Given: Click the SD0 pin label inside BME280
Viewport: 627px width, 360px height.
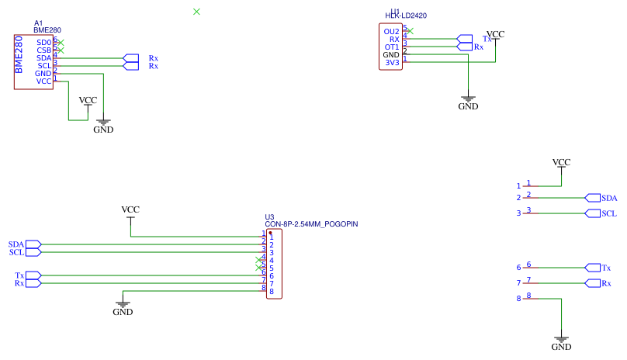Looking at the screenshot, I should point(43,42).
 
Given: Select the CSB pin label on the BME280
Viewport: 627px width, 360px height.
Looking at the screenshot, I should point(43,50).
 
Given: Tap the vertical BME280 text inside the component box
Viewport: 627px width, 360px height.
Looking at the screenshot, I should point(19,54).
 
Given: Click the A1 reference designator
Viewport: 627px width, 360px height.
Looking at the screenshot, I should point(39,23).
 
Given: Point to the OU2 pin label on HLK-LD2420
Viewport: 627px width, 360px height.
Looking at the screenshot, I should point(391,32).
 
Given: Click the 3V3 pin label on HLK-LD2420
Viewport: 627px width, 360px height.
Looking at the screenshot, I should point(391,63).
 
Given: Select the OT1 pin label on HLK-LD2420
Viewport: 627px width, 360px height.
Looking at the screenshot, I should point(391,47).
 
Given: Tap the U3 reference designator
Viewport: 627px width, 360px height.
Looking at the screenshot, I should point(269,217).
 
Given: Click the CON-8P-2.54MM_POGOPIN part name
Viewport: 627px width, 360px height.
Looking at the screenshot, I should point(311,224).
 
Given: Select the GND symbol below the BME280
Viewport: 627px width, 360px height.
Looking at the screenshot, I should point(103,124).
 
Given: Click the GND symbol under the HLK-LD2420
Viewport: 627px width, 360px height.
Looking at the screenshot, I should point(468,102).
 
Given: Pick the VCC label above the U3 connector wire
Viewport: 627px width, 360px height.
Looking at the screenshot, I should point(130,210).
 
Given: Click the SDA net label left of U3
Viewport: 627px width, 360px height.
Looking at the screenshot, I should point(16,244).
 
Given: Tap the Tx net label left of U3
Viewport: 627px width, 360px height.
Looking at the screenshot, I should point(19,275).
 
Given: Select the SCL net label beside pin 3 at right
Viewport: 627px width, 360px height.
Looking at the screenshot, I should point(609,213).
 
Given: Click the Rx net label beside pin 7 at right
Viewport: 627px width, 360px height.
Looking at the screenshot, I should point(606,283).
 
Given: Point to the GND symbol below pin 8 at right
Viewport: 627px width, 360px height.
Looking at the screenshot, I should point(561,342).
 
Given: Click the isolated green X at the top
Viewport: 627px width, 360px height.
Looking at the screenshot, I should point(196,11).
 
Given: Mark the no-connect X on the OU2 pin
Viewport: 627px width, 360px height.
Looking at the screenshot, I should point(410,31).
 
